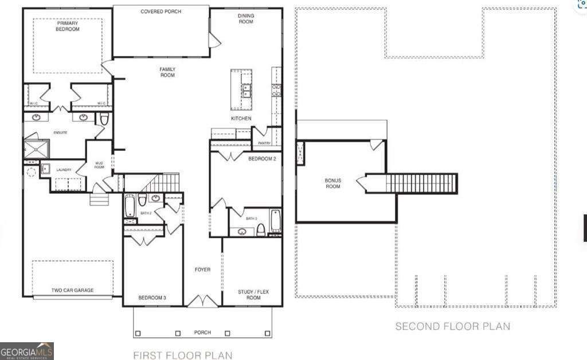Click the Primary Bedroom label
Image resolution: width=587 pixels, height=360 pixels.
click(68, 26)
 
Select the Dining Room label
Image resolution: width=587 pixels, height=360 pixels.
click(245, 19)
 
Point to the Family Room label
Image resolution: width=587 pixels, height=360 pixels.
click(167, 72)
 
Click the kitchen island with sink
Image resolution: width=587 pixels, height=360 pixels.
click(242, 89)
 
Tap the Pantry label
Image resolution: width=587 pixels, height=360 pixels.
click(264, 143)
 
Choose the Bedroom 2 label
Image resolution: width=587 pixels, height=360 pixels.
click(262, 159)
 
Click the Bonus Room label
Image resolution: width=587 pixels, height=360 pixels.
click(332, 183)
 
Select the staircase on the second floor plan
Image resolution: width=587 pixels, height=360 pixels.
click(421, 183)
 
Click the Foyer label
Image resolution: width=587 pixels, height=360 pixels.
click(202, 269)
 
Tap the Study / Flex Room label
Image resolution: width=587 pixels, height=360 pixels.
click(253, 295)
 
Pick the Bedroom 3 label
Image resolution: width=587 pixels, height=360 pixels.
click(152, 298)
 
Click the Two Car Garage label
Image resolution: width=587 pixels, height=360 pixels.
click(72, 290)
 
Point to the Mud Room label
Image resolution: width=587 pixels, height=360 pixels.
click(99, 165)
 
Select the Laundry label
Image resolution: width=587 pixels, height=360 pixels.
click(63, 170)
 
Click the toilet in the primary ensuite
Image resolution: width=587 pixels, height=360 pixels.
click(104, 119)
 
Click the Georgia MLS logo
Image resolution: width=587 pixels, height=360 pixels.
click(27, 351)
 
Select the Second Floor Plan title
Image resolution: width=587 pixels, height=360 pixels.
click(452, 326)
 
